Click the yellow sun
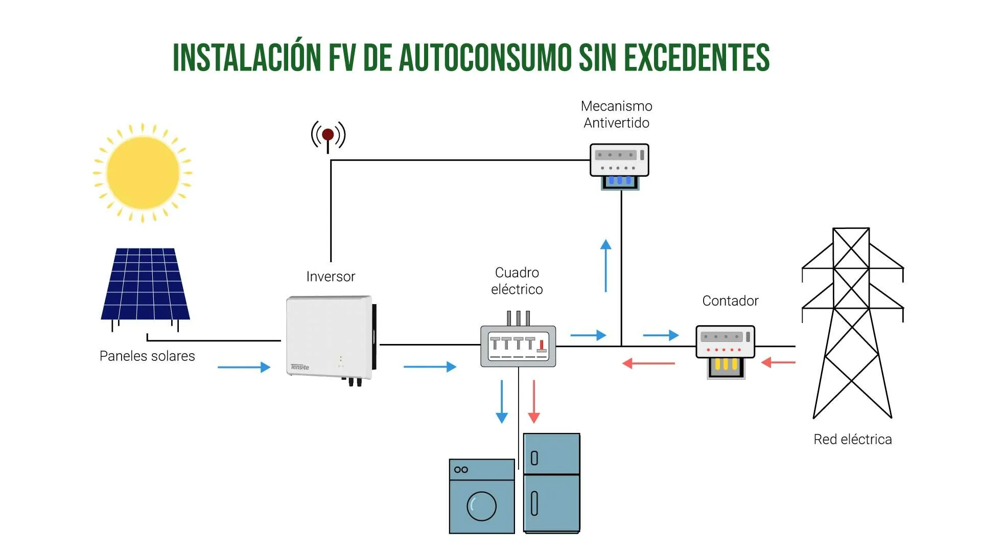tap(143, 173)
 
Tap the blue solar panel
tap(145, 284)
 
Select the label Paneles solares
tap(147, 356)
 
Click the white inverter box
tap(330, 337)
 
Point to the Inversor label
tap(331, 277)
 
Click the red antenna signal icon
tap(328, 136)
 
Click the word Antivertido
tap(616, 123)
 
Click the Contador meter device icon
tap(725, 350)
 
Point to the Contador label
tap(730, 301)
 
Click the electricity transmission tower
tap(852, 322)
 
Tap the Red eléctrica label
tap(852, 440)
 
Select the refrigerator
tap(552, 483)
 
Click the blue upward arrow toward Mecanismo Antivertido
tap(606, 266)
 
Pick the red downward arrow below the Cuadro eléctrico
tap(534, 401)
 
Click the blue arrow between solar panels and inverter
tap(244, 367)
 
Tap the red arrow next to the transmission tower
tap(778, 363)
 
